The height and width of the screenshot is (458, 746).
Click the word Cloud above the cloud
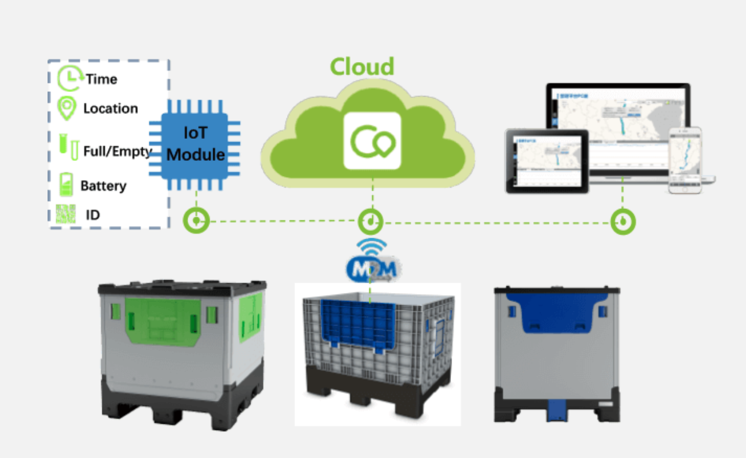point(362,66)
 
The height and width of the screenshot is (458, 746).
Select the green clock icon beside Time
point(70,79)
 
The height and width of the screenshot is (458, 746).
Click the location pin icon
point(66,108)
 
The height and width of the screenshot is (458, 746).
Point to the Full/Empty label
point(118,151)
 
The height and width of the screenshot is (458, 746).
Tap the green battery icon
point(66,185)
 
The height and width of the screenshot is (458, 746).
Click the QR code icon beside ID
point(66,214)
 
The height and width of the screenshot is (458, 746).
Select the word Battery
point(104,186)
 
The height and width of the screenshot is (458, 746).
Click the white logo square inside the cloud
point(372,141)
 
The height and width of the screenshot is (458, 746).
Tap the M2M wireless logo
point(371,266)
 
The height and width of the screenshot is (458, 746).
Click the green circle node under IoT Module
point(196,221)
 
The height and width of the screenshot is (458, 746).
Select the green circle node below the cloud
point(370,222)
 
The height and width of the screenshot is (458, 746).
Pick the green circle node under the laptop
point(623,222)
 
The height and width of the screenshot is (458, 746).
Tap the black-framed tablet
point(547,161)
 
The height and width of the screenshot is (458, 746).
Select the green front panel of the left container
point(163,320)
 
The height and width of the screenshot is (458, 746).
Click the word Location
point(111,109)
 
